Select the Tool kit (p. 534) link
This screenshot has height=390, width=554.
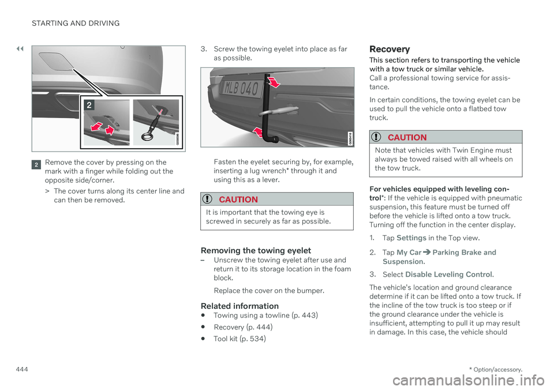[x=239, y=339]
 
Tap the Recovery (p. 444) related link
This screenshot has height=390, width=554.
[x=243, y=327]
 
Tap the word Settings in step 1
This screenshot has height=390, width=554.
[x=411, y=238]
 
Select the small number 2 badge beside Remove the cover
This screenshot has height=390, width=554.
[x=36, y=163]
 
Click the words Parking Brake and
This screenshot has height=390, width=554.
[x=463, y=252]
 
